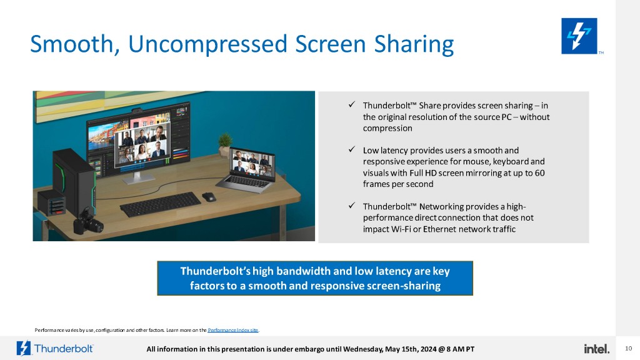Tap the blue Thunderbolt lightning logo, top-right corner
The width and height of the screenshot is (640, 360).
[x=579, y=36]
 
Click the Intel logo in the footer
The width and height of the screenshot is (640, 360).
[x=596, y=349]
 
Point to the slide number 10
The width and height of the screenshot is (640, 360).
[x=629, y=348]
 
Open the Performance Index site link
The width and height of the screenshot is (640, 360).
[x=233, y=330]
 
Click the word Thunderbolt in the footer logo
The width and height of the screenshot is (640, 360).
[x=64, y=349]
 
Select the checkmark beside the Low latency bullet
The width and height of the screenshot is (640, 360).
[x=351, y=149]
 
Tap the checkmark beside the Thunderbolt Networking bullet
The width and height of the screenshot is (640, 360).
[x=351, y=205]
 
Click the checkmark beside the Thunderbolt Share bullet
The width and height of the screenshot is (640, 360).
[x=351, y=104]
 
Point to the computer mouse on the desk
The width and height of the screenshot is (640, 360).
[x=209, y=197]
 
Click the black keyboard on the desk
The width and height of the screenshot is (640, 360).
[x=161, y=204]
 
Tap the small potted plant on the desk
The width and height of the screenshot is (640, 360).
[x=225, y=144]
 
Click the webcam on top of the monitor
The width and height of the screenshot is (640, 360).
[x=137, y=110]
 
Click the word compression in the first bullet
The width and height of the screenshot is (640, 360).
[x=387, y=128]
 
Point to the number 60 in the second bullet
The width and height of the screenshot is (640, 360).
[x=539, y=172]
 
